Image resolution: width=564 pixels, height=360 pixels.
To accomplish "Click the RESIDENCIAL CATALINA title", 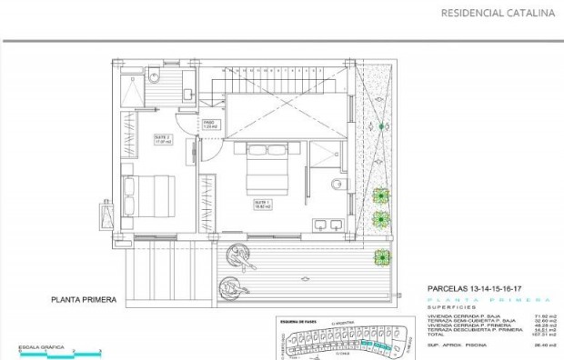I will click(497, 13).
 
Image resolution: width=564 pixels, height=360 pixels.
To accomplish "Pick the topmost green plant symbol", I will click(380, 193).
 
